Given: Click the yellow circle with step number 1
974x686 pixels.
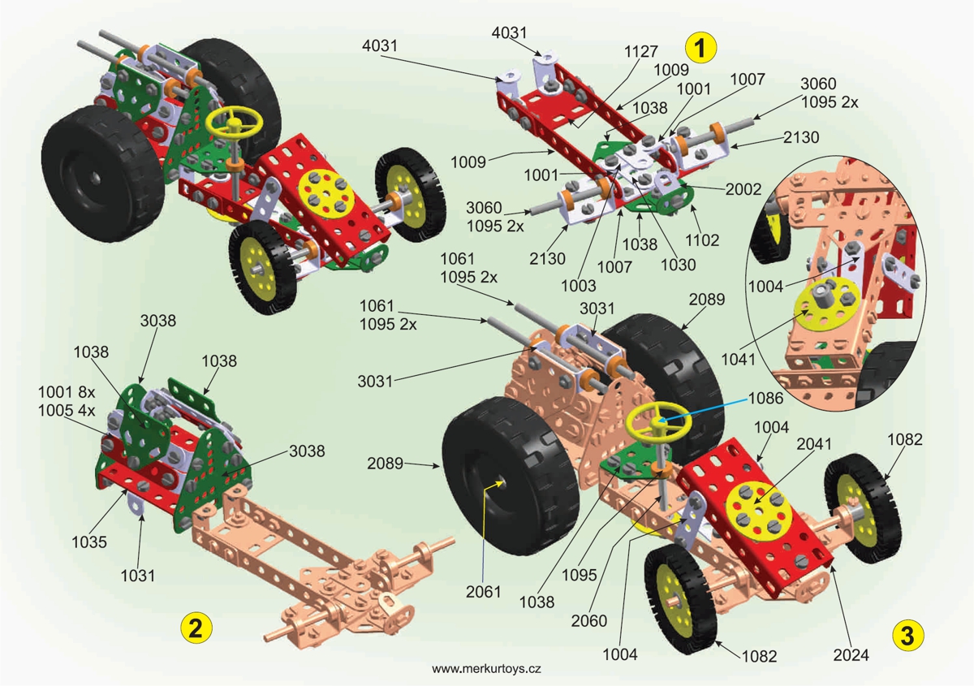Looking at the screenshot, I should click(700, 47).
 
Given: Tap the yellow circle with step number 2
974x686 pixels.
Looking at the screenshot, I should click(196, 627).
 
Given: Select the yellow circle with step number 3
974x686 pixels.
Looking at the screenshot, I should click(907, 634).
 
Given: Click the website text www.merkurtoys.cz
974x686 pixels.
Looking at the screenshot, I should click(486, 669).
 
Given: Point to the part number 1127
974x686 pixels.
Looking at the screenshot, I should click(641, 50).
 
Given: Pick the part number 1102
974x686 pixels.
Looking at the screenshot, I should click(703, 240).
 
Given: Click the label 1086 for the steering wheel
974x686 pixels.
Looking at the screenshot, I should click(766, 399).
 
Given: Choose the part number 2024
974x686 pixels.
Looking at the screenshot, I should click(852, 654).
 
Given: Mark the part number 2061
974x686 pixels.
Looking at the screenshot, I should click(482, 592).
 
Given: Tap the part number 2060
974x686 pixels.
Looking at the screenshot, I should click(588, 621).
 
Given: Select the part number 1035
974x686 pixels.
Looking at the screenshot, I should click(87, 542).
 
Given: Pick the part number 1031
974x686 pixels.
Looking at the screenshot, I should click(138, 575).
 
